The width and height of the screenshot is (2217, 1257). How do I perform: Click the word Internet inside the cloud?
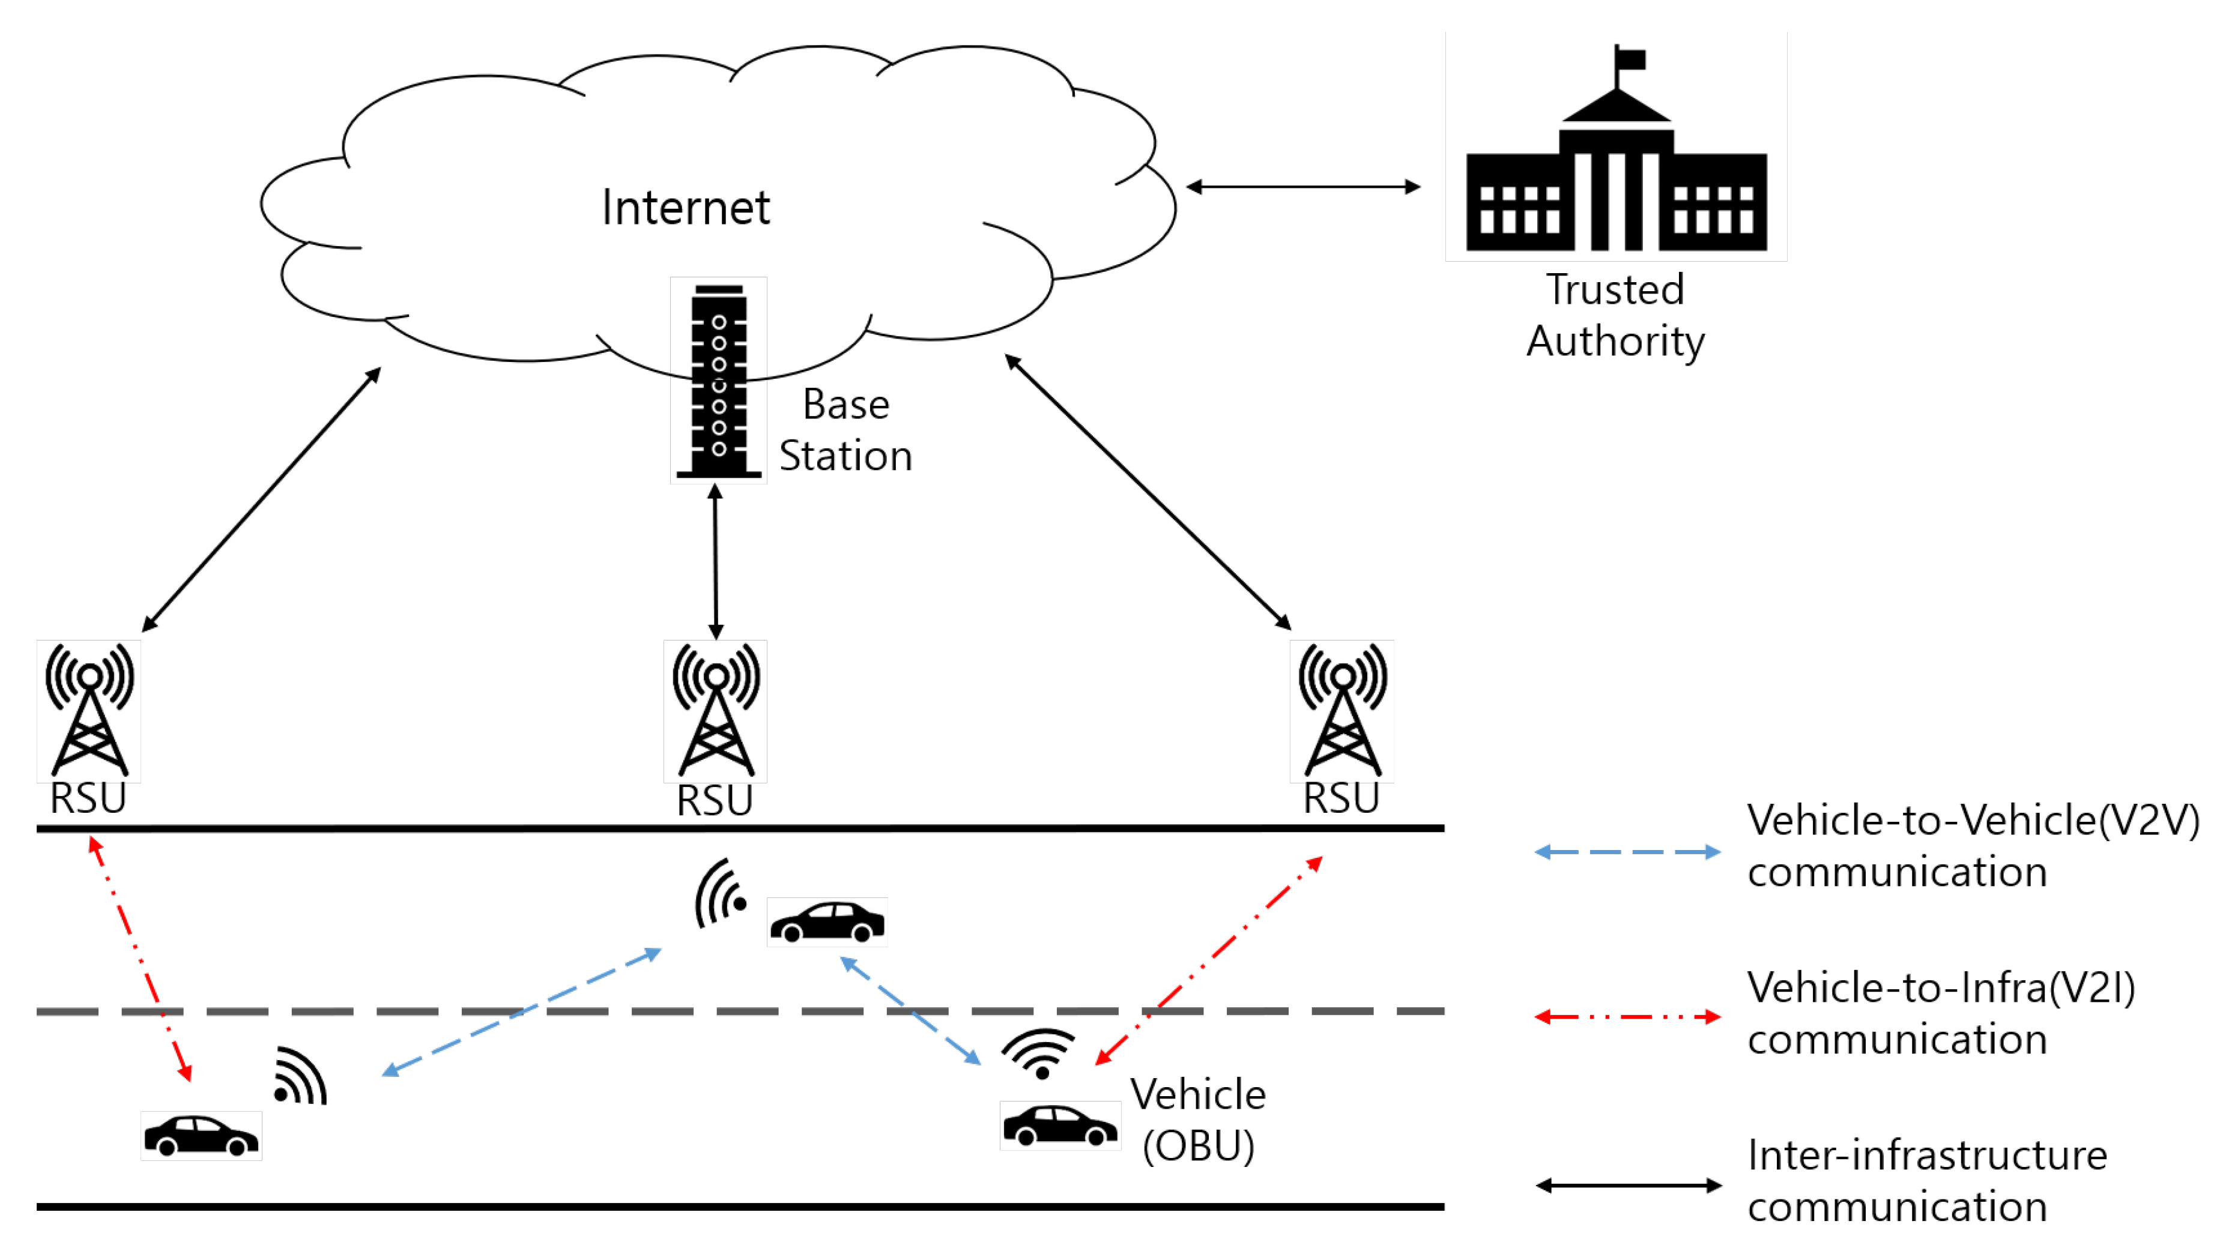(x=685, y=208)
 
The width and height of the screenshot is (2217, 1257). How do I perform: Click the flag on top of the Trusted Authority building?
(x=1630, y=59)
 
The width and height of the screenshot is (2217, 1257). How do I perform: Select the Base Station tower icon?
(x=718, y=381)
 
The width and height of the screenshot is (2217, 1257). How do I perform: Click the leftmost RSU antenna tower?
(x=89, y=710)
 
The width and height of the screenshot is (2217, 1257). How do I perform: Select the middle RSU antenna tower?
(x=716, y=710)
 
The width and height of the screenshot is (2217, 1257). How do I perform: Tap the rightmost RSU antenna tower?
(x=1341, y=710)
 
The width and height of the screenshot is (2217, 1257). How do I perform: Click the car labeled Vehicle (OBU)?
(x=1059, y=1126)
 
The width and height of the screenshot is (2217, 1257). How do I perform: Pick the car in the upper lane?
(x=827, y=921)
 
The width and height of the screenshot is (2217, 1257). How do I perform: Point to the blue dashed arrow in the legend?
(x=1627, y=852)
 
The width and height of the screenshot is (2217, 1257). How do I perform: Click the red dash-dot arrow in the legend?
(x=1627, y=1017)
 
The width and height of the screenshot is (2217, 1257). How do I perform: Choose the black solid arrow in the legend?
(x=1627, y=1186)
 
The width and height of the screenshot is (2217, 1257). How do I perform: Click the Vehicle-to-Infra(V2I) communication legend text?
(x=1940, y=1013)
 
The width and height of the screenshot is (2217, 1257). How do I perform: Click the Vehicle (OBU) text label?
(x=1199, y=1120)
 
